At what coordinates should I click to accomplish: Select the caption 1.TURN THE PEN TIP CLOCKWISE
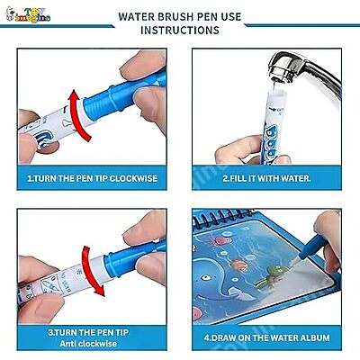click(92, 178)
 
